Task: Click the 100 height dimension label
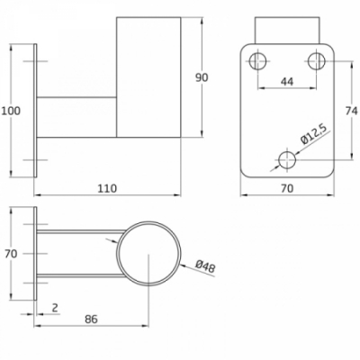[11, 111]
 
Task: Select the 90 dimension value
[202, 77]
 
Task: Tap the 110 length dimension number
[107, 188]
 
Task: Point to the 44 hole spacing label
[287, 81]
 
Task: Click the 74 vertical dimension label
[351, 111]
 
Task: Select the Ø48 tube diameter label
[205, 266]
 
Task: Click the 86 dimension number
[91, 319]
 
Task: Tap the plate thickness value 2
[55, 308]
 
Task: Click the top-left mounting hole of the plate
[258, 61]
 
